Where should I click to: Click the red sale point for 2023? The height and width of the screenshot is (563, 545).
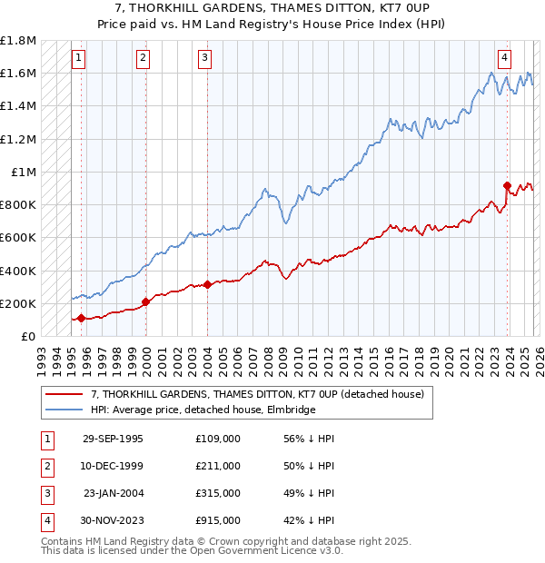507,186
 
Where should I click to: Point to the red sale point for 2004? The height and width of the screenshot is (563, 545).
207,284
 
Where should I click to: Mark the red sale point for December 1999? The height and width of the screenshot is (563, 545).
145,301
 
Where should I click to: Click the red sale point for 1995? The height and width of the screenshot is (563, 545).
82,318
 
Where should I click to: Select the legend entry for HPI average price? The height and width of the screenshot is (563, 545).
203,410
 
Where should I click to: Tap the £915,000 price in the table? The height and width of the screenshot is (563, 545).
218,520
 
